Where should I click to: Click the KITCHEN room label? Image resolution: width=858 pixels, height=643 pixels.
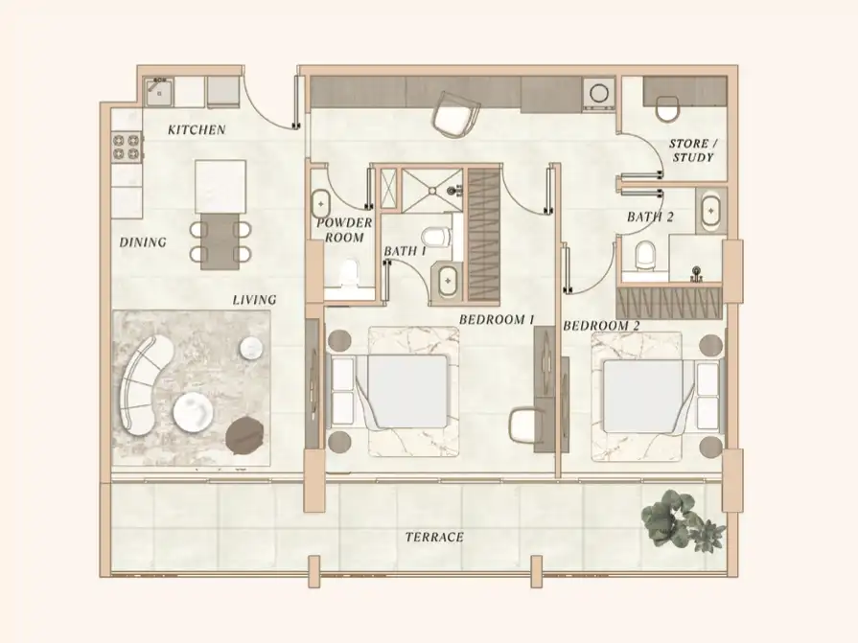197,129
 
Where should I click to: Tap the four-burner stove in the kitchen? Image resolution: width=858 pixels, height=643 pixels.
127,147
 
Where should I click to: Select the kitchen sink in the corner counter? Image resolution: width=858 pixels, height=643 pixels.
158,92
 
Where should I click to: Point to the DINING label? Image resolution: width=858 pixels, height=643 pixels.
143,242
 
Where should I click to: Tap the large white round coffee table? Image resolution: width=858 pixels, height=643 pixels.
196,413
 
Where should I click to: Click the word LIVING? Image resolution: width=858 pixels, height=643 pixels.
254,300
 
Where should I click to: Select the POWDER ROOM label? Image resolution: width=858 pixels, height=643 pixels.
343,230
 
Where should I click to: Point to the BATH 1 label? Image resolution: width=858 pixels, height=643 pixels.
405,251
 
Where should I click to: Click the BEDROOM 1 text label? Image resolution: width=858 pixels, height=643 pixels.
496,319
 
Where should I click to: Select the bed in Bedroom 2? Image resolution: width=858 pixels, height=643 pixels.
644,393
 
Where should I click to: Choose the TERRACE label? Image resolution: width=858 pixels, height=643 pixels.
434,538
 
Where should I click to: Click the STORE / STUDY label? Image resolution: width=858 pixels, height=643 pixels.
692,149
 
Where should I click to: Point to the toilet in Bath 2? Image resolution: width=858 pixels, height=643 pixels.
646,254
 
